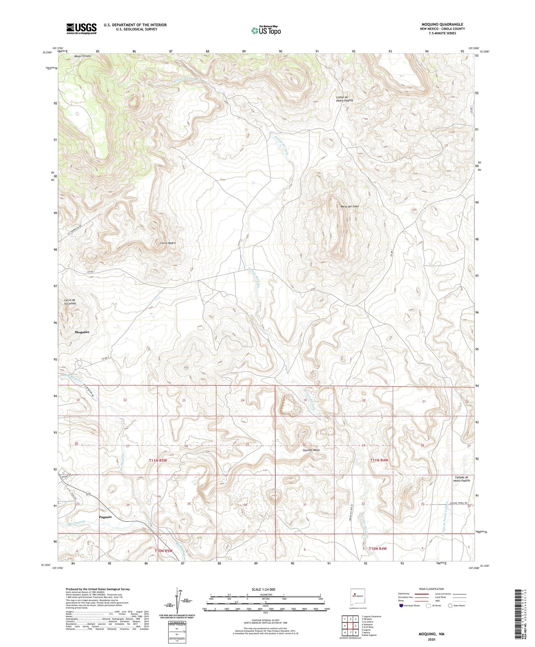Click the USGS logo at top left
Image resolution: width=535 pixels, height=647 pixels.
coord(81,29)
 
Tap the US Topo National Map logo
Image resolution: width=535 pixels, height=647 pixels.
coord(266,30)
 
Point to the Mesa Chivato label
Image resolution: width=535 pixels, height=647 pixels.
coord(83,56)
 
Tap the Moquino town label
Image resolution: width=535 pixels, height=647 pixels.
coord(82,332)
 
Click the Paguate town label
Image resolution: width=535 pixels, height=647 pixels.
coord(105,517)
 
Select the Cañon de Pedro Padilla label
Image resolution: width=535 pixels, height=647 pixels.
coord(345,99)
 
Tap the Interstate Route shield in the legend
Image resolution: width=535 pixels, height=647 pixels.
coord(401,606)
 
